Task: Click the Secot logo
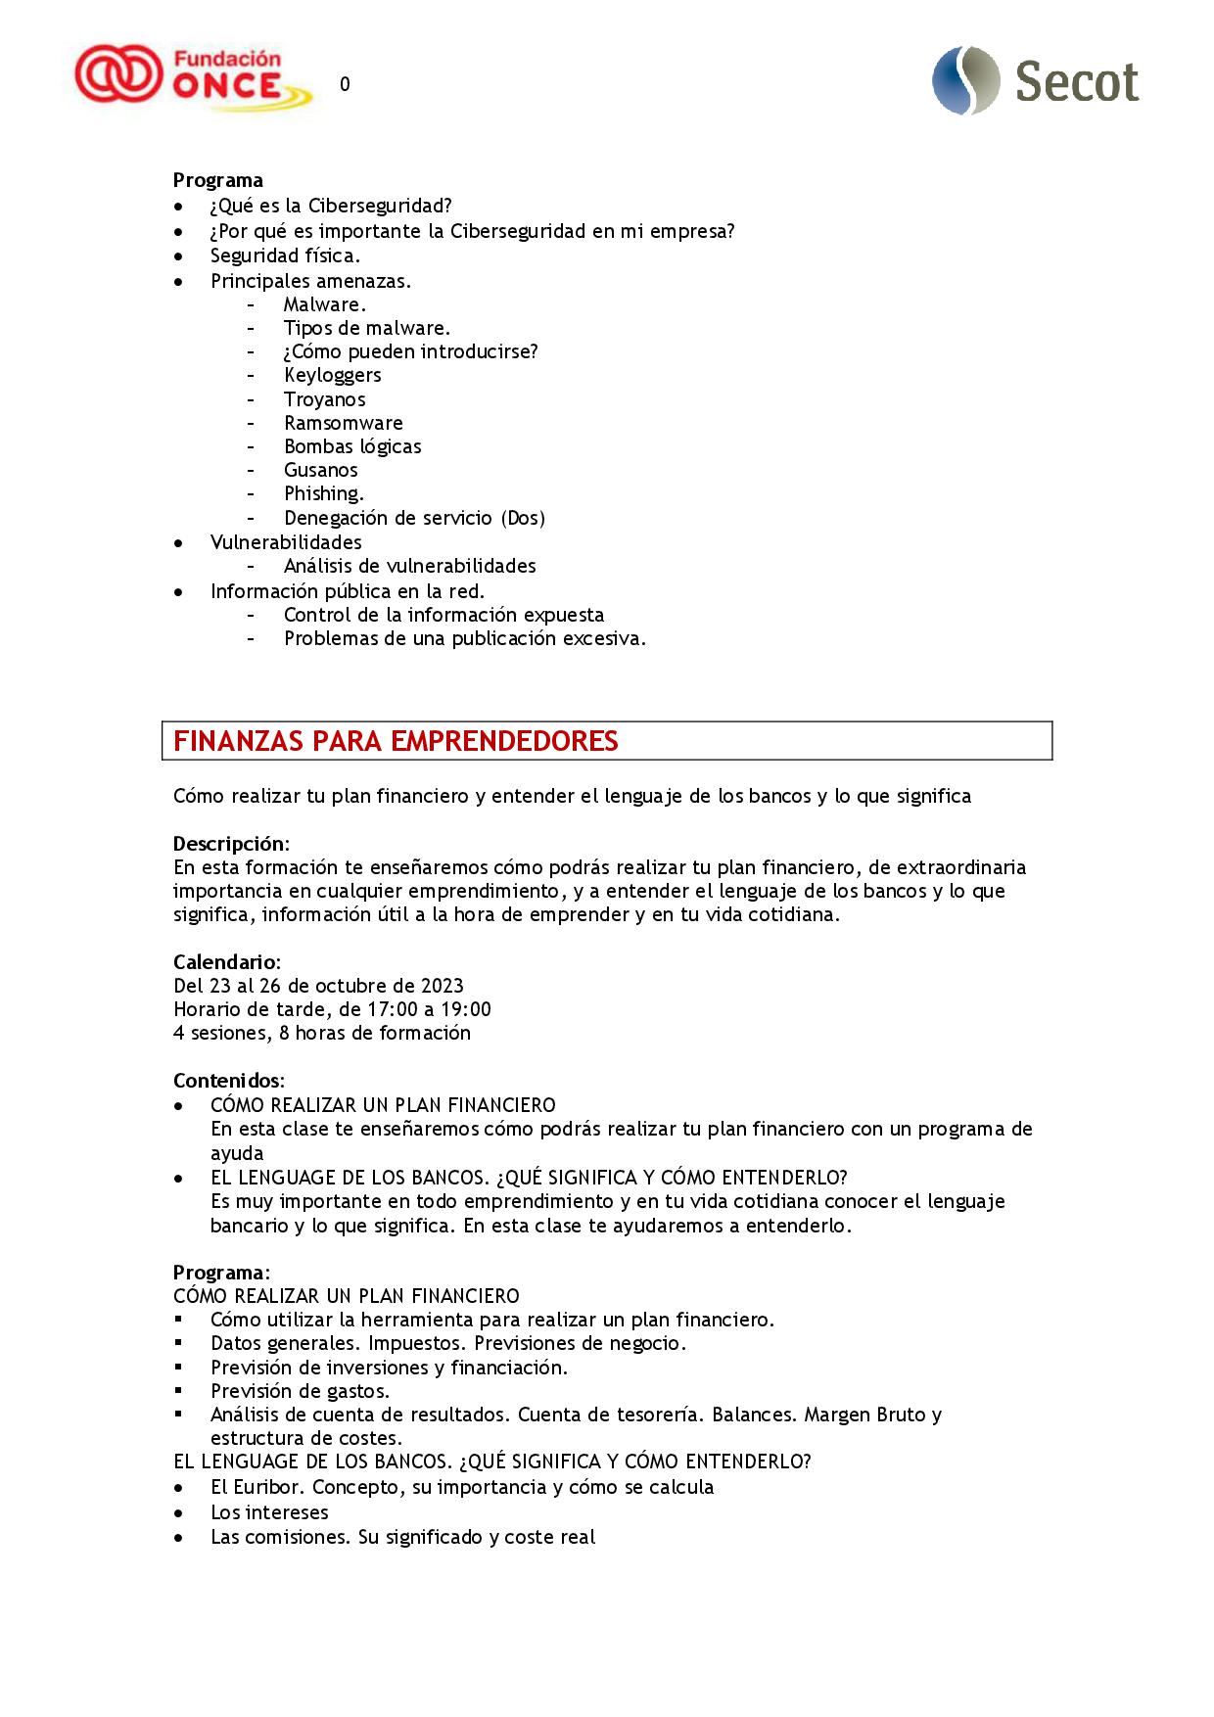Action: (x=1036, y=81)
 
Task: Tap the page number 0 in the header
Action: (x=345, y=85)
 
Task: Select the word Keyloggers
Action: (x=332, y=376)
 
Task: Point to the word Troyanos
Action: (x=324, y=399)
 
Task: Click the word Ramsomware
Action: (x=343, y=423)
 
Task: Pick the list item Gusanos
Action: (x=320, y=470)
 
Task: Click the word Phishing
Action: (x=323, y=494)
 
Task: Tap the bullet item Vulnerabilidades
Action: (x=286, y=542)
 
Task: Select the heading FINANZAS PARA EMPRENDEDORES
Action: (x=396, y=741)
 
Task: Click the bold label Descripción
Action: (x=229, y=844)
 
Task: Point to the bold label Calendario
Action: (x=225, y=962)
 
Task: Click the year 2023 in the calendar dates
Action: (x=442, y=986)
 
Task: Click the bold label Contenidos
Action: (x=227, y=1081)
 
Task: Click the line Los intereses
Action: (x=269, y=1512)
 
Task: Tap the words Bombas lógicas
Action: (x=352, y=446)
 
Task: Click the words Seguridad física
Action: (x=285, y=255)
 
